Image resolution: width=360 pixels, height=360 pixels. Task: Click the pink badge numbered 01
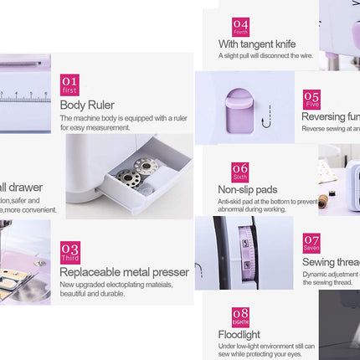70,85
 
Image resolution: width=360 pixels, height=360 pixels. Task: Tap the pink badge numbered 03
70,252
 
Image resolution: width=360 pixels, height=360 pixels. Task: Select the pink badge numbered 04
240,26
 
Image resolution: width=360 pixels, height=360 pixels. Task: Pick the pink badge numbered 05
311,98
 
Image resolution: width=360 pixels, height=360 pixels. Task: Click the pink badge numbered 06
240,172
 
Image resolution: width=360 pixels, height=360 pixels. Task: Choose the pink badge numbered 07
311,243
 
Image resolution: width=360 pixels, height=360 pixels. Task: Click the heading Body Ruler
88,105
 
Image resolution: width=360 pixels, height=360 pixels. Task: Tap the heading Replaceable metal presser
124,272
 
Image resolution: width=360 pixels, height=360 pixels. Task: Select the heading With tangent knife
257,44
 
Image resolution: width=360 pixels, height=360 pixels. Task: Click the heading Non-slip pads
247,189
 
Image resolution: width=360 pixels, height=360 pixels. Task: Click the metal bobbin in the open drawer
128,177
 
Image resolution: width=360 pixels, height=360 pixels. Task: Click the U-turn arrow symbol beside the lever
266,125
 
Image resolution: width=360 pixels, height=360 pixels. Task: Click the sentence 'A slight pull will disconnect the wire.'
266,56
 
